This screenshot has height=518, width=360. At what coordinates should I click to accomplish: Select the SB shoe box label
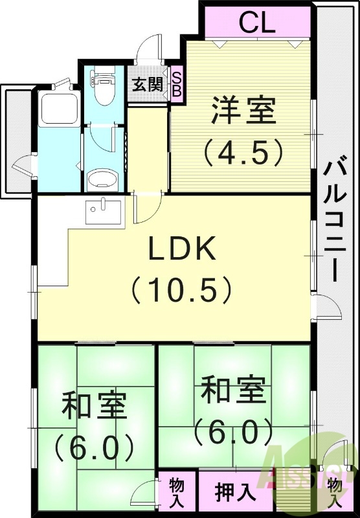click(x=176, y=84)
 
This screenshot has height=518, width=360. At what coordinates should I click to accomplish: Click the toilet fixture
click(x=102, y=89)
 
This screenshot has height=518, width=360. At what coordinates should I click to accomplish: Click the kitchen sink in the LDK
click(x=104, y=211)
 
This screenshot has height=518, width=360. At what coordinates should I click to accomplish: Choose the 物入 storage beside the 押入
click(x=176, y=492)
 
